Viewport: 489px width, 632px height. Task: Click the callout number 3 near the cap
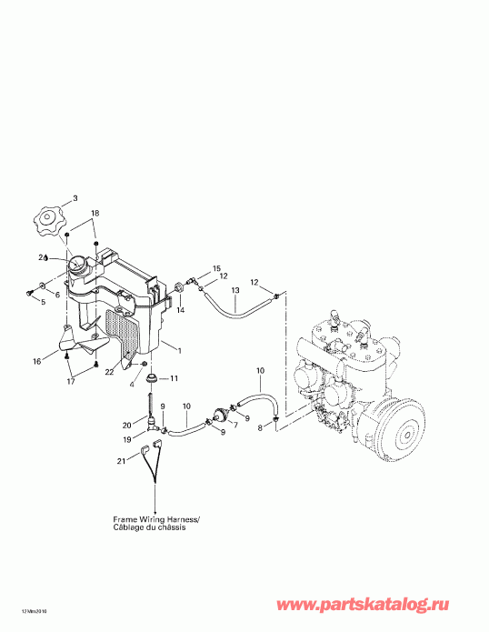pyautogui.click(x=75, y=197)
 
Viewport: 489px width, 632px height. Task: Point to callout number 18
pyautogui.click(x=95, y=213)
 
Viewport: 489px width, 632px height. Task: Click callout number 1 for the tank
pyautogui.click(x=179, y=351)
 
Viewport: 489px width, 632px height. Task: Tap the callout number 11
pyautogui.click(x=175, y=377)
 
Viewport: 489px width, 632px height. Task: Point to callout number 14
pyautogui.click(x=179, y=310)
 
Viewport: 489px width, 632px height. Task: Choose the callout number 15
pyautogui.click(x=216, y=268)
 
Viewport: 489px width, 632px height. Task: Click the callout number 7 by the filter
pyautogui.click(x=234, y=425)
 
